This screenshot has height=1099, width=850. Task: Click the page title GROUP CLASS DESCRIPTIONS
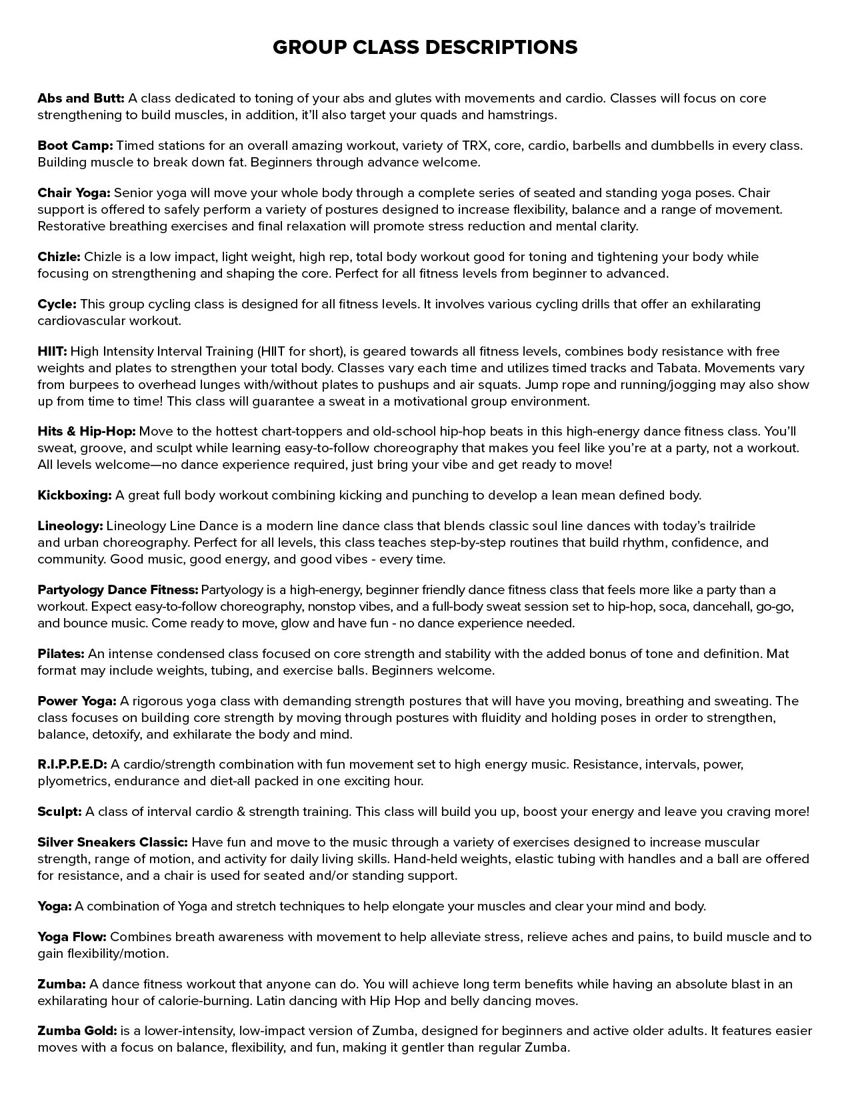click(425, 47)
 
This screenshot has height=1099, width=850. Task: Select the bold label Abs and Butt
click(81, 99)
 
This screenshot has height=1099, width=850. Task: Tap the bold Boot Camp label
click(75, 146)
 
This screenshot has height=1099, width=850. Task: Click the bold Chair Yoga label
click(74, 193)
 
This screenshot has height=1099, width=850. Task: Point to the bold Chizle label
click(59, 257)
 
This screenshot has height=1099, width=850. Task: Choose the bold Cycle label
click(57, 304)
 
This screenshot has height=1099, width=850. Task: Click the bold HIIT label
click(53, 352)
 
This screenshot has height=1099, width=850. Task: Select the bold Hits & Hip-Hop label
click(87, 432)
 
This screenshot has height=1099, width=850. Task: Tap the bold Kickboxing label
click(75, 496)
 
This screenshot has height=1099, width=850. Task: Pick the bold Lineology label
click(70, 526)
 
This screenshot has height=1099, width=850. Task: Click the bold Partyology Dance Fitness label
click(118, 590)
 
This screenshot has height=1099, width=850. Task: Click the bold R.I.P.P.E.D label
click(72, 765)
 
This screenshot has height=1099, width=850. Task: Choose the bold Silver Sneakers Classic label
click(113, 843)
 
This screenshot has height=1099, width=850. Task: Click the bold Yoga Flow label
click(72, 937)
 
